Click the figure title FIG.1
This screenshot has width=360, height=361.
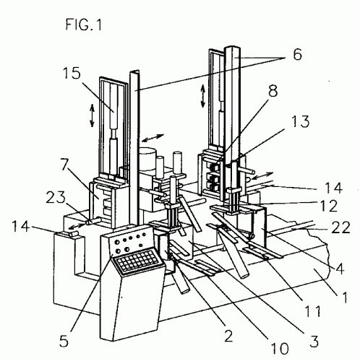click(x=84, y=25)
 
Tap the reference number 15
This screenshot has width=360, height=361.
click(x=72, y=73)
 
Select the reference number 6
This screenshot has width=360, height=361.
click(x=297, y=54)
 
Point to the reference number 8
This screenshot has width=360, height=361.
click(x=273, y=91)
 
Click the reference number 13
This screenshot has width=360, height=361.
click(x=300, y=121)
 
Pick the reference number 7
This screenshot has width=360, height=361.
click(x=64, y=165)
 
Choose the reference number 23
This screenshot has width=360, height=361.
click(x=56, y=198)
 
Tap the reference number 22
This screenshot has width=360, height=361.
click(x=340, y=227)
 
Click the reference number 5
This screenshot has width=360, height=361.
click(x=64, y=341)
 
